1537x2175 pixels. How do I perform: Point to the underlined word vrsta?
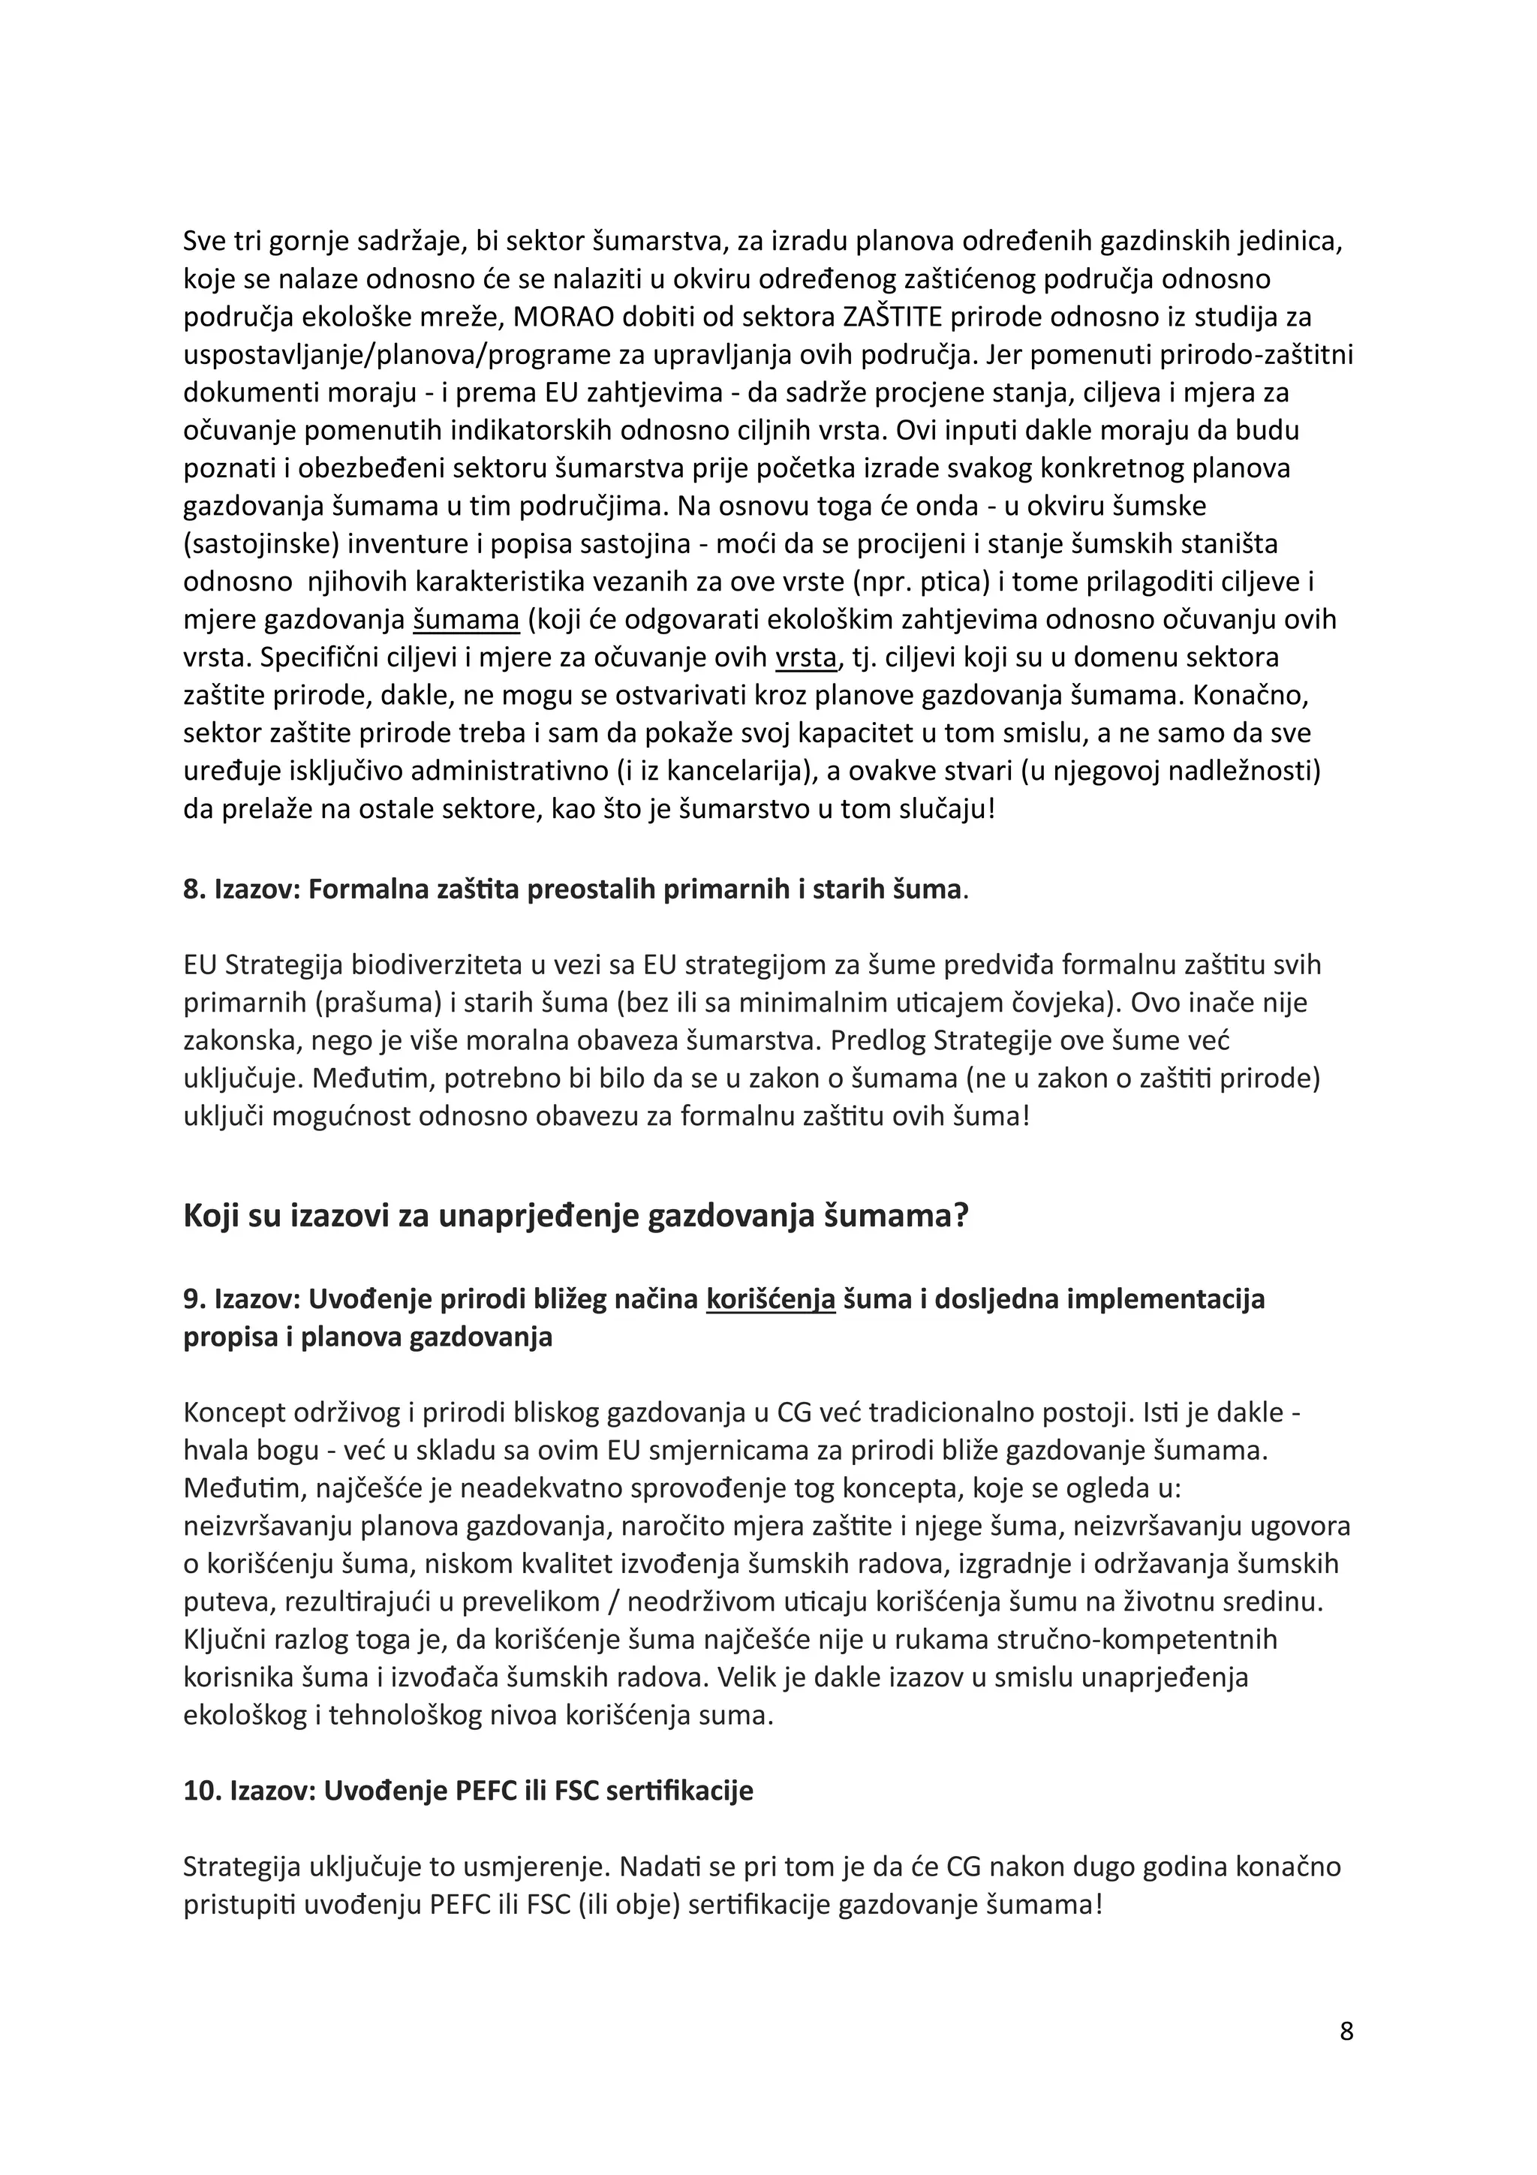[x=806, y=657]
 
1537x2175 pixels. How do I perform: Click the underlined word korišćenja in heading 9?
[x=771, y=1298]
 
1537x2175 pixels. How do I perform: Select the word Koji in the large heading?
[x=209, y=1215]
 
